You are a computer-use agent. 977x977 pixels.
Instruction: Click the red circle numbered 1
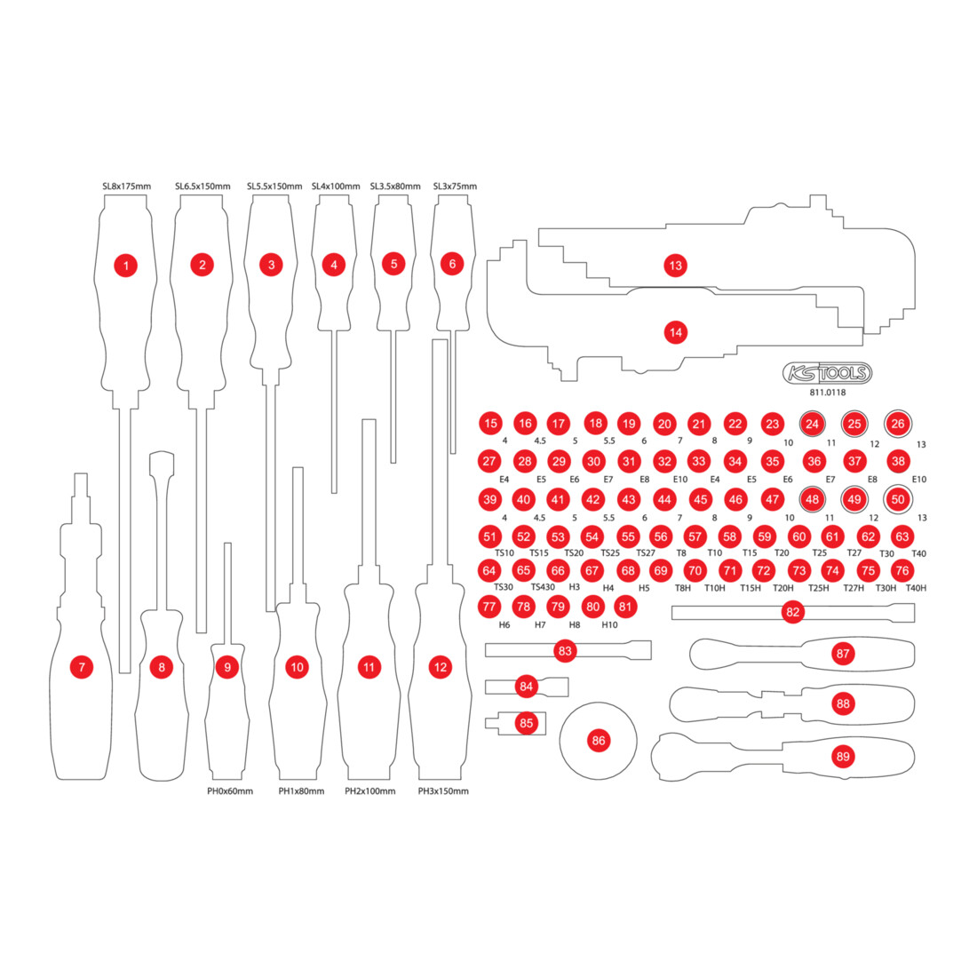(126, 266)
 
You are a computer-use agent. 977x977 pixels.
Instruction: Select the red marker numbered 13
(675, 266)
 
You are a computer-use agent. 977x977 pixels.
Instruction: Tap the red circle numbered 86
(598, 740)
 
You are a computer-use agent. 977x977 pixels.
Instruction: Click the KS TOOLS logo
(827, 373)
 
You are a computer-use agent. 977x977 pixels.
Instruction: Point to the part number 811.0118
(828, 393)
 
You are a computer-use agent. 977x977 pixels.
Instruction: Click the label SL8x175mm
(126, 187)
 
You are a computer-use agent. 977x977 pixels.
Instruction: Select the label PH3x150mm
(443, 791)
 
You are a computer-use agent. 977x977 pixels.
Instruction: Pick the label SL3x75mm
(455, 187)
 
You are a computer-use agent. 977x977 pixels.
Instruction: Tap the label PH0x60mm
(230, 791)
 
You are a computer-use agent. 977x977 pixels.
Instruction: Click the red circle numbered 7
(82, 667)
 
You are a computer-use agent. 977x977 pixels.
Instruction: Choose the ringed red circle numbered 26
(898, 424)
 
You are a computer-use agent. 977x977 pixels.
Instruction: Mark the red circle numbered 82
(792, 612)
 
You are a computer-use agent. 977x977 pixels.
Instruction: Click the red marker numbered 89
(843, 757)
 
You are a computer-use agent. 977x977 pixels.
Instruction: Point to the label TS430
(543, 587)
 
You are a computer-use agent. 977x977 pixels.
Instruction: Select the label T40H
(916, 588)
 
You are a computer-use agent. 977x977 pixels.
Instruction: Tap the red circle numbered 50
(898, 499)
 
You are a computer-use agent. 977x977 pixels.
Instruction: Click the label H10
(609, 625)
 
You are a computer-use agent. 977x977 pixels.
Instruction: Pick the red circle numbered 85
(527, 723)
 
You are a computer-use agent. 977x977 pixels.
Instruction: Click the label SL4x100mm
(336, 187)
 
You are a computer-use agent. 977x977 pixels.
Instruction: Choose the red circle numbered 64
(489, 570)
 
